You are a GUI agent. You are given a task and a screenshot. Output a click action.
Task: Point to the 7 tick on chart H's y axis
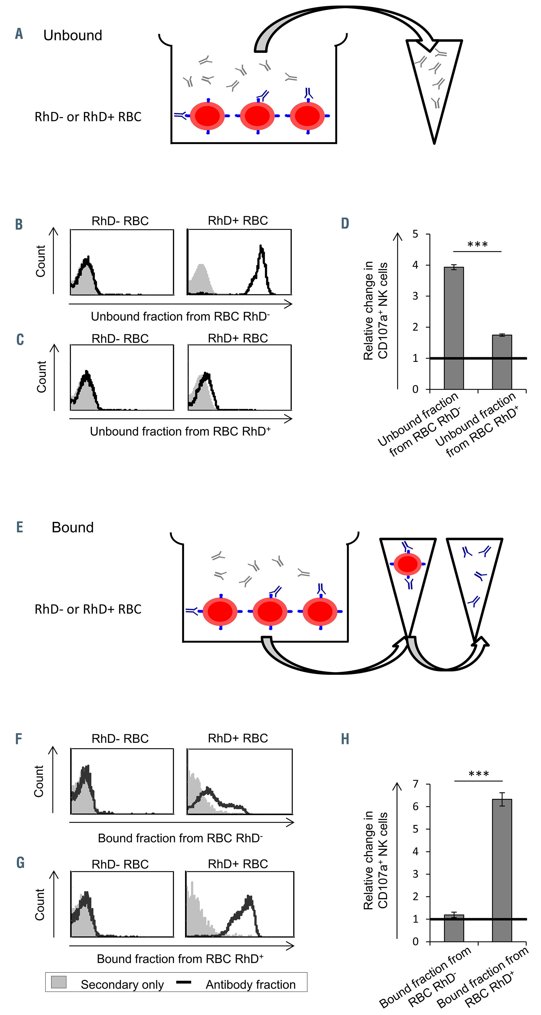[415, 784]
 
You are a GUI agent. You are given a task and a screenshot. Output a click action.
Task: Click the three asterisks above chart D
[477, 245]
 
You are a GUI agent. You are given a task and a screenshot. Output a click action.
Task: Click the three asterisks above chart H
[479, 774]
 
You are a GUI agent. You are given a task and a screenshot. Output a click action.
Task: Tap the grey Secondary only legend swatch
[59, 982]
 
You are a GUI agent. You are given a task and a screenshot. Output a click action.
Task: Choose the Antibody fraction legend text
[251, 985]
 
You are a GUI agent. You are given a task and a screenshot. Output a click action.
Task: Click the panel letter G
[20, 863]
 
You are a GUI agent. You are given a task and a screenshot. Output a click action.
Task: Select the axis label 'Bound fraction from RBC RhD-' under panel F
[180, 838]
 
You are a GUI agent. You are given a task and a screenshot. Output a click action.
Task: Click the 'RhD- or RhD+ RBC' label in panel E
[88, 609]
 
